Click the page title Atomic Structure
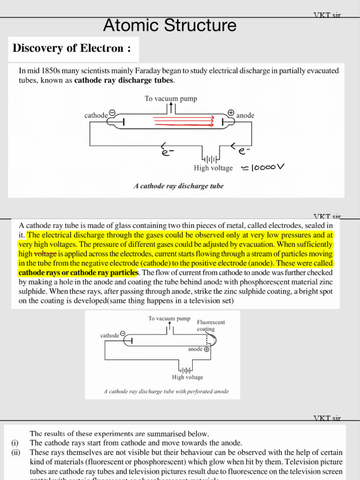(x=170, y=25)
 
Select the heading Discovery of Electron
(x=72, y=49)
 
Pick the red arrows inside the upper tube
(x=183, y=122)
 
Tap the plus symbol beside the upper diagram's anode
(x=231, y=112)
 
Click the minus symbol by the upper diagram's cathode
(x=112, y=112)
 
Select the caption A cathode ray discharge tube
(x=179, y=186)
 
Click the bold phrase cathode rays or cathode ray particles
(x=78, y=272)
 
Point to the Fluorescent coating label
(x=210, y=325)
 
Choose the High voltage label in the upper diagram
(x=213, y=168)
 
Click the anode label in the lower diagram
(x=195, y=349)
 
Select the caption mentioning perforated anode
(x=166, y=391)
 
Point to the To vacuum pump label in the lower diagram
(x=169, y=319)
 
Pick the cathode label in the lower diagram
(x=110, y=336)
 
